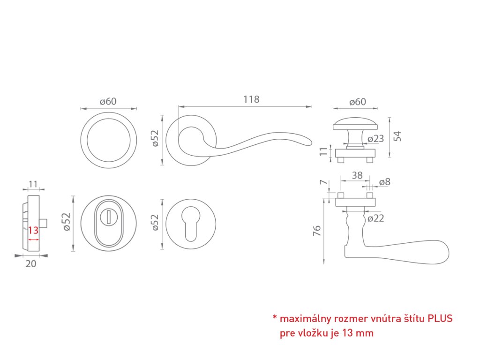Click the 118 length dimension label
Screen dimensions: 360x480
click(251, 99)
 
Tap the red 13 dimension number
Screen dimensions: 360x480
click(33, 231)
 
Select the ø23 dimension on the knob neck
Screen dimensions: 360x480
click(375, 138)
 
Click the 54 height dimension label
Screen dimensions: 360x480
click(397, 136)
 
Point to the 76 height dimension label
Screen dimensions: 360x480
click(317, 231)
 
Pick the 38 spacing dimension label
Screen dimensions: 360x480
click(357, 175)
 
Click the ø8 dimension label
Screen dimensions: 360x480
click(384, 182)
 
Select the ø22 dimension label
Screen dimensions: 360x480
click(375, 218)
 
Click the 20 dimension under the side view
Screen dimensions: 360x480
click(30, 264)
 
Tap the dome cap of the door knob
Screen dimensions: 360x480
click(355, 123)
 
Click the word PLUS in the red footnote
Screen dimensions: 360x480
click(440, 319)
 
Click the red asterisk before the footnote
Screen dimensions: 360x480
click(274, 318)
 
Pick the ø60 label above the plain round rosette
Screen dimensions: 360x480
click(108, 102)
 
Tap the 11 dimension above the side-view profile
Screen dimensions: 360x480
click(33, 183)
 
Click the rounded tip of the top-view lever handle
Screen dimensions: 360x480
click(309, 142)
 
